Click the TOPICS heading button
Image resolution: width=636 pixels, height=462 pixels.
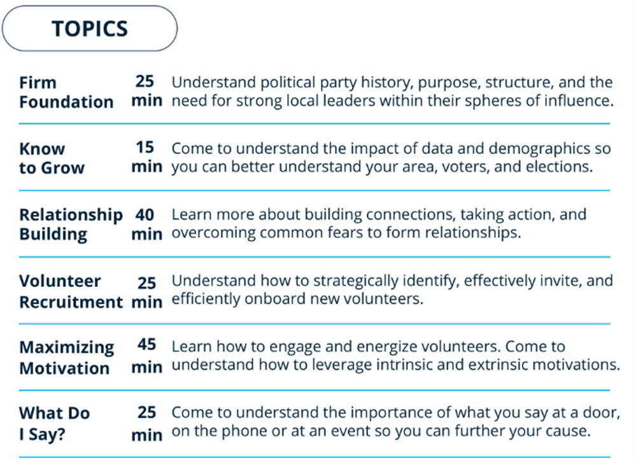tap(90, 29)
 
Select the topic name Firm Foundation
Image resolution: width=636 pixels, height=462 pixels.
tap(66, 92)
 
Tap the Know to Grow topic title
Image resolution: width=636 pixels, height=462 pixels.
tap(52, 158)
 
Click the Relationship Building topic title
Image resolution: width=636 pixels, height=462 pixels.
tap(71, 224)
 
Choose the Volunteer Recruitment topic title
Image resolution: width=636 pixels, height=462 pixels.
tap(71, 291)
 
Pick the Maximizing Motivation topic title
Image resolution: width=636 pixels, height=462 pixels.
tap(67, 358)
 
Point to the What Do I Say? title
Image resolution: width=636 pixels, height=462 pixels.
tap(54, 424)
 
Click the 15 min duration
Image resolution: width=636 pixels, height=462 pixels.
tap(146, 157)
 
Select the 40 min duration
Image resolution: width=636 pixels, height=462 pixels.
tap(146, 224)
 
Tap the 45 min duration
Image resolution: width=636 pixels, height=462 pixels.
tap(146, 356)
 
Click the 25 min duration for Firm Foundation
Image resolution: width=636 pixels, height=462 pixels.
tap(146, 91)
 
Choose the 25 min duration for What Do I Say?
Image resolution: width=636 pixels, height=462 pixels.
tap(146, 424)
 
